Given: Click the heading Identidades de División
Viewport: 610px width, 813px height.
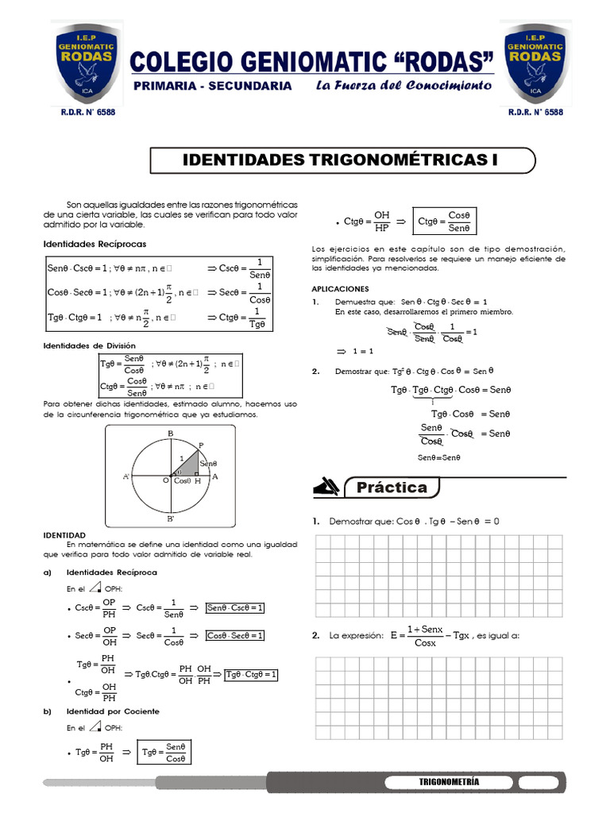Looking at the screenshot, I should pyautogui.click(x=90, y=345).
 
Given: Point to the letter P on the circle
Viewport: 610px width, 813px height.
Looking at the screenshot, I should pyautogui.click(x=201, y=445).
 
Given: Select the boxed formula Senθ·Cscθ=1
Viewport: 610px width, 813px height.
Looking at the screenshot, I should pyautogui.click(x=235, y=608).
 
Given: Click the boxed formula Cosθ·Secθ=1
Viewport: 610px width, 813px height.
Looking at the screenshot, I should pyautogui.click(x=235, y=635).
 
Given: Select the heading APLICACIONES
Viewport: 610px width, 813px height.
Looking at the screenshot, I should pyautogui.click(x=340, y=289).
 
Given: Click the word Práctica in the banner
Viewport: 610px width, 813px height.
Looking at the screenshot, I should pyautogui.click(x=392, y=487).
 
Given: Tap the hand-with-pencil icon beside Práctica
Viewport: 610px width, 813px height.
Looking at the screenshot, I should pyautogui.click(x=327, y=486).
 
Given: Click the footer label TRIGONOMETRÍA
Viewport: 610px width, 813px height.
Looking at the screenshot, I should pyautogui.click(x=449, y=782).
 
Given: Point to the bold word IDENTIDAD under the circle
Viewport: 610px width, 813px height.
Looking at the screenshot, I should pyautogui.click(x=65, y=535).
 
